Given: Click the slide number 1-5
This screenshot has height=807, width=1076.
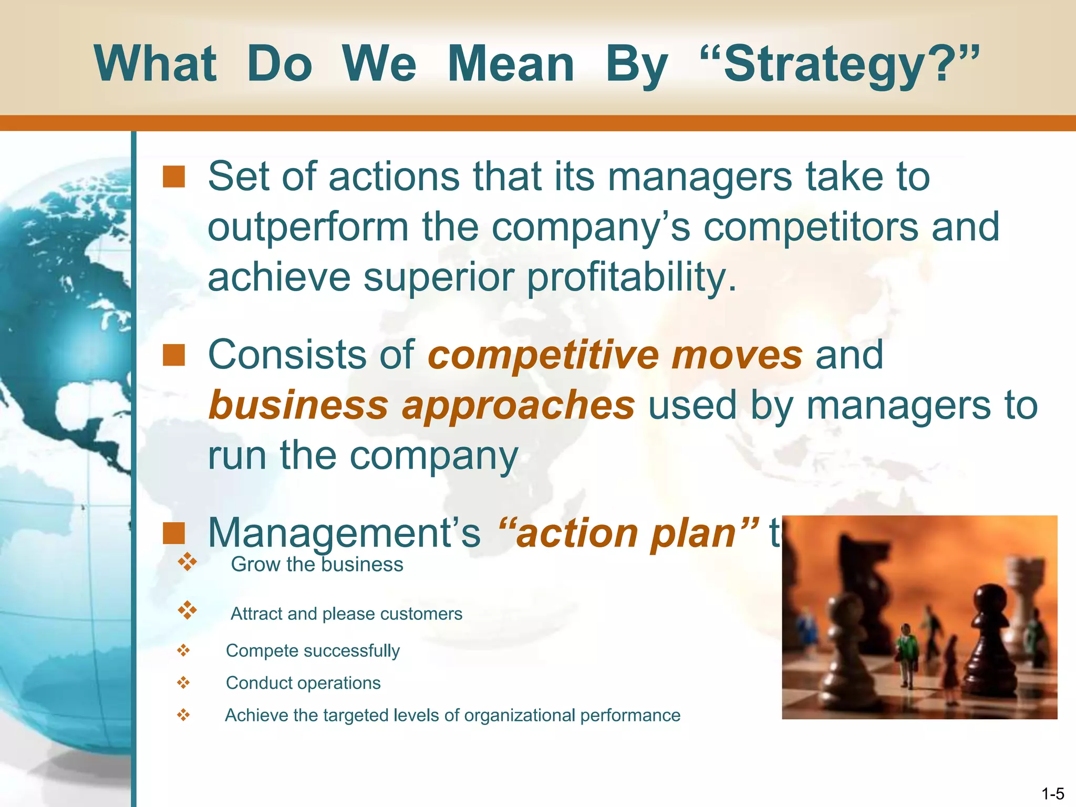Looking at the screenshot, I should (x=1052, y=794).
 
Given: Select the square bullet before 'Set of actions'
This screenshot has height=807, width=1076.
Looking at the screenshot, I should (x=173, y=177).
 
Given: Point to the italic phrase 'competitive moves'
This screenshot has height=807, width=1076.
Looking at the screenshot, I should (x=615, y=355).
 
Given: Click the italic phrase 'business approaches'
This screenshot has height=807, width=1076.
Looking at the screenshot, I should (x=421, y=405).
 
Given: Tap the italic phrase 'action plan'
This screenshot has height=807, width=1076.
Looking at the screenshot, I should (x=628, y=533).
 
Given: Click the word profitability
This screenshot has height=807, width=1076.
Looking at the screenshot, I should (x=632, y=277).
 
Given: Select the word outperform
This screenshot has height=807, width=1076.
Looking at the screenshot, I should (x=308, y=227).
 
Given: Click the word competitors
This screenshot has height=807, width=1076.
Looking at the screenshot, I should (x=811, y=227).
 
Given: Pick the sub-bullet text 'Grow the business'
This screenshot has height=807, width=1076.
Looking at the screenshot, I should (x=317, y=564).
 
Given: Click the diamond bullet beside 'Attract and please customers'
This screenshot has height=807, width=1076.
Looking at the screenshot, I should (x=187, y=611).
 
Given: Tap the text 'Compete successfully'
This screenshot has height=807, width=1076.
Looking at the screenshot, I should (x=313, y=650).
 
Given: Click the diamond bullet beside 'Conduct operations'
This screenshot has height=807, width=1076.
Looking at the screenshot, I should (x=183, y=682).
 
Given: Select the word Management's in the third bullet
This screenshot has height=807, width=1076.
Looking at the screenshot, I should (x=344, y=533).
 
